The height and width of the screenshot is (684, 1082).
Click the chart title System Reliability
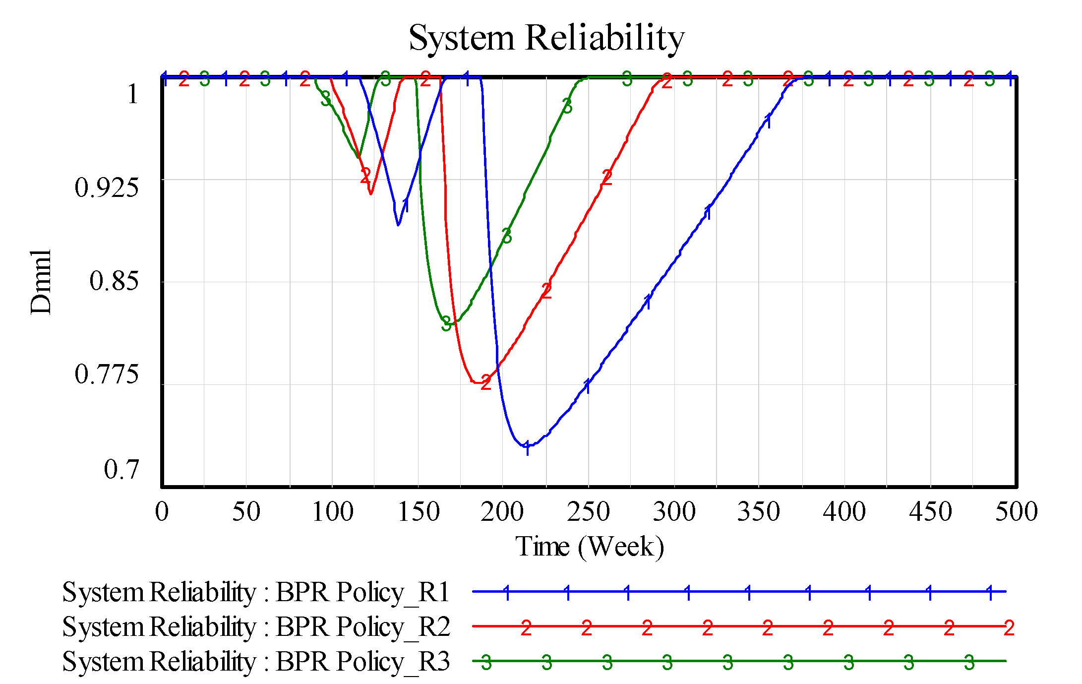click(546, 38)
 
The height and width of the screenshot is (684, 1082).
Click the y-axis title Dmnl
click(40, 282)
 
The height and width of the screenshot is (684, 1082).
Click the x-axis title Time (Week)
click(590, 547)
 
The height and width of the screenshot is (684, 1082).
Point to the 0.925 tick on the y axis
click(107, 187)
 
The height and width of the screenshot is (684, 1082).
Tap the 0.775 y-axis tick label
click(107, 374)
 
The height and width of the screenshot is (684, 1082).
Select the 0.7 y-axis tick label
click(121, 469)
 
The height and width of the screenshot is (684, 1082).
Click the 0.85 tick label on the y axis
click(114, 281)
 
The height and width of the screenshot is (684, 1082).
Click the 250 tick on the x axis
click(589, 512)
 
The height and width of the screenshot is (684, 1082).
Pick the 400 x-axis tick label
click(844, 512)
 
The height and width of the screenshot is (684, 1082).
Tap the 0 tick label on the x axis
click(162, 512)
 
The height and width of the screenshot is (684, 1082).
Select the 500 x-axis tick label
click(1016, 512)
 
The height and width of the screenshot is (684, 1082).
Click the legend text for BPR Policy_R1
click(255, 592)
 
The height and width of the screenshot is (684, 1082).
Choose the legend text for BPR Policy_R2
click(255, 626)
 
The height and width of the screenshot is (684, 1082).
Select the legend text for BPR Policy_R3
click(255, 661)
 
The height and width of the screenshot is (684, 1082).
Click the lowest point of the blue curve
click(524, 446)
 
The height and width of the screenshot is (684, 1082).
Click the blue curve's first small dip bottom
click(398, 225)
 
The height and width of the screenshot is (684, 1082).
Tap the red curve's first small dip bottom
click(371, 194)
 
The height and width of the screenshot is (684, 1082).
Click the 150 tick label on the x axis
click(419, 512)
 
